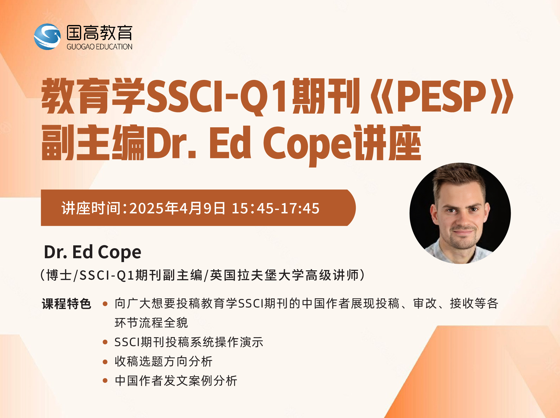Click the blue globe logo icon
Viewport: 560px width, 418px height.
(x=47, y=37)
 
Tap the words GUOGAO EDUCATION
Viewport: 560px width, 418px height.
(x=100, y=47)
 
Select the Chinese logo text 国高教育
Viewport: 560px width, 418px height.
(x=100, y=33)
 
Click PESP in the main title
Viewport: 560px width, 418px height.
(x=442, y=96)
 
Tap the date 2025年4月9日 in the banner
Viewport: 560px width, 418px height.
(x=177, y=208)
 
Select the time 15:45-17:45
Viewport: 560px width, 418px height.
(x=276, y=208)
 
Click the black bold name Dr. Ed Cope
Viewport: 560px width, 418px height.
(x=93, y=252)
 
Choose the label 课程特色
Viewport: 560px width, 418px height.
(x=67, y=304)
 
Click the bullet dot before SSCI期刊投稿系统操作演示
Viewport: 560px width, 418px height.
(x=105, y=342)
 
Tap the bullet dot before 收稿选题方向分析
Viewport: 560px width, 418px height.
(x=105, y=362)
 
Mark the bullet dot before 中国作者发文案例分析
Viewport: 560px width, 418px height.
(x=105, y=380)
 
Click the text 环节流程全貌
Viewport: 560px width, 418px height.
(x=151, y=323)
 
